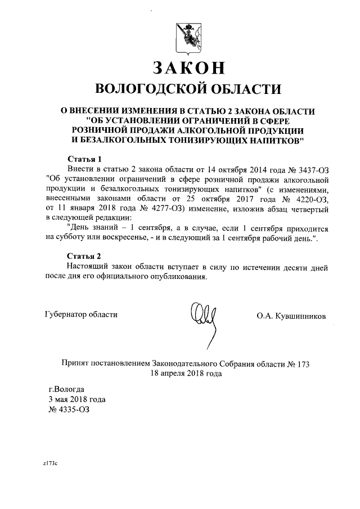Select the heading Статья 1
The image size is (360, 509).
click(84, 159)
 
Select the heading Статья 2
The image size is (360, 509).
click(84, 256)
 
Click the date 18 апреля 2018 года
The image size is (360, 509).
click(186, 373)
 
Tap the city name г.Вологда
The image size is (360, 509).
click(66, 389)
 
